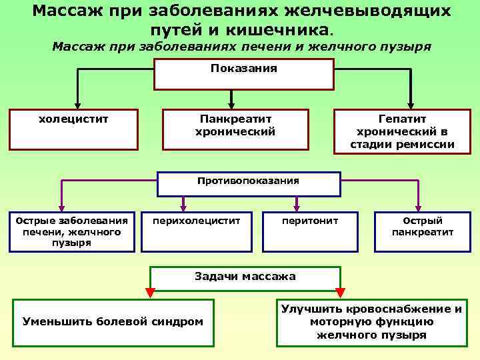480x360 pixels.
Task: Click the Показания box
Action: point(243,74)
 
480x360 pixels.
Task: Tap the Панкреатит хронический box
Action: point(235,129)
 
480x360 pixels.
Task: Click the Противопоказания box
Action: point(248,184)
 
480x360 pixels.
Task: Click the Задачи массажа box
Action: point(245,281)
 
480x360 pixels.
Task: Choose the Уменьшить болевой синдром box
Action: point(113,323)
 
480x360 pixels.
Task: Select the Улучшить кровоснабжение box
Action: point(371,323)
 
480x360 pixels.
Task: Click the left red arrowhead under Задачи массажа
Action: point(150,292)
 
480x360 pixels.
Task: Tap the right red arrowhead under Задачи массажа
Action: point(340,292)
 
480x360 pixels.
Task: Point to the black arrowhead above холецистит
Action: point(78,105)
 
